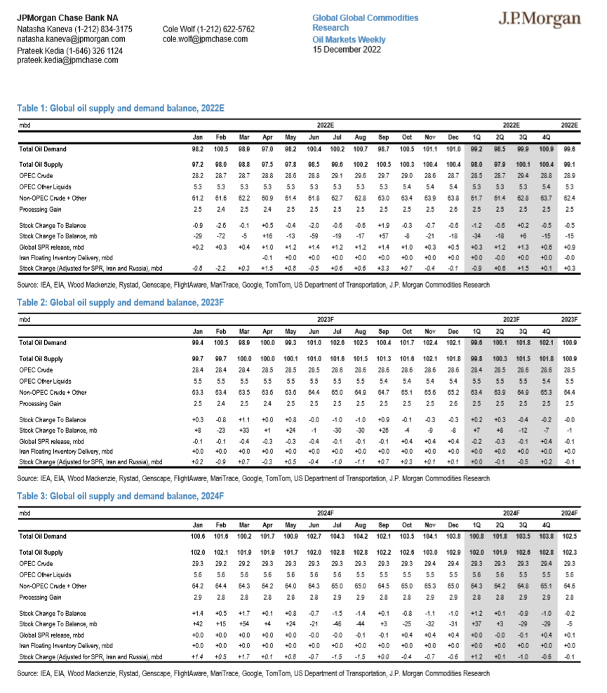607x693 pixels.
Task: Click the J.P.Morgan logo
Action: click(x=540, y=19)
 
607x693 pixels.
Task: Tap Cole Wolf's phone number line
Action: click(x=208, y=29)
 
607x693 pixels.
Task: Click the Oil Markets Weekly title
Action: click(x=349, y=40)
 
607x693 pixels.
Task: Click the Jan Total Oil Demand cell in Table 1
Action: click(x=198, y=149)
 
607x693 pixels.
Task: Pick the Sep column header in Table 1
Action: click(x=383, y=136)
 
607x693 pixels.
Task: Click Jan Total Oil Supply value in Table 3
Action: click(x=197, y=552)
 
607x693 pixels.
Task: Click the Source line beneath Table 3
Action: click(x=253, y=673)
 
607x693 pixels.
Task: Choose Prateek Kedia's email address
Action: click(x=67, y=60)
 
